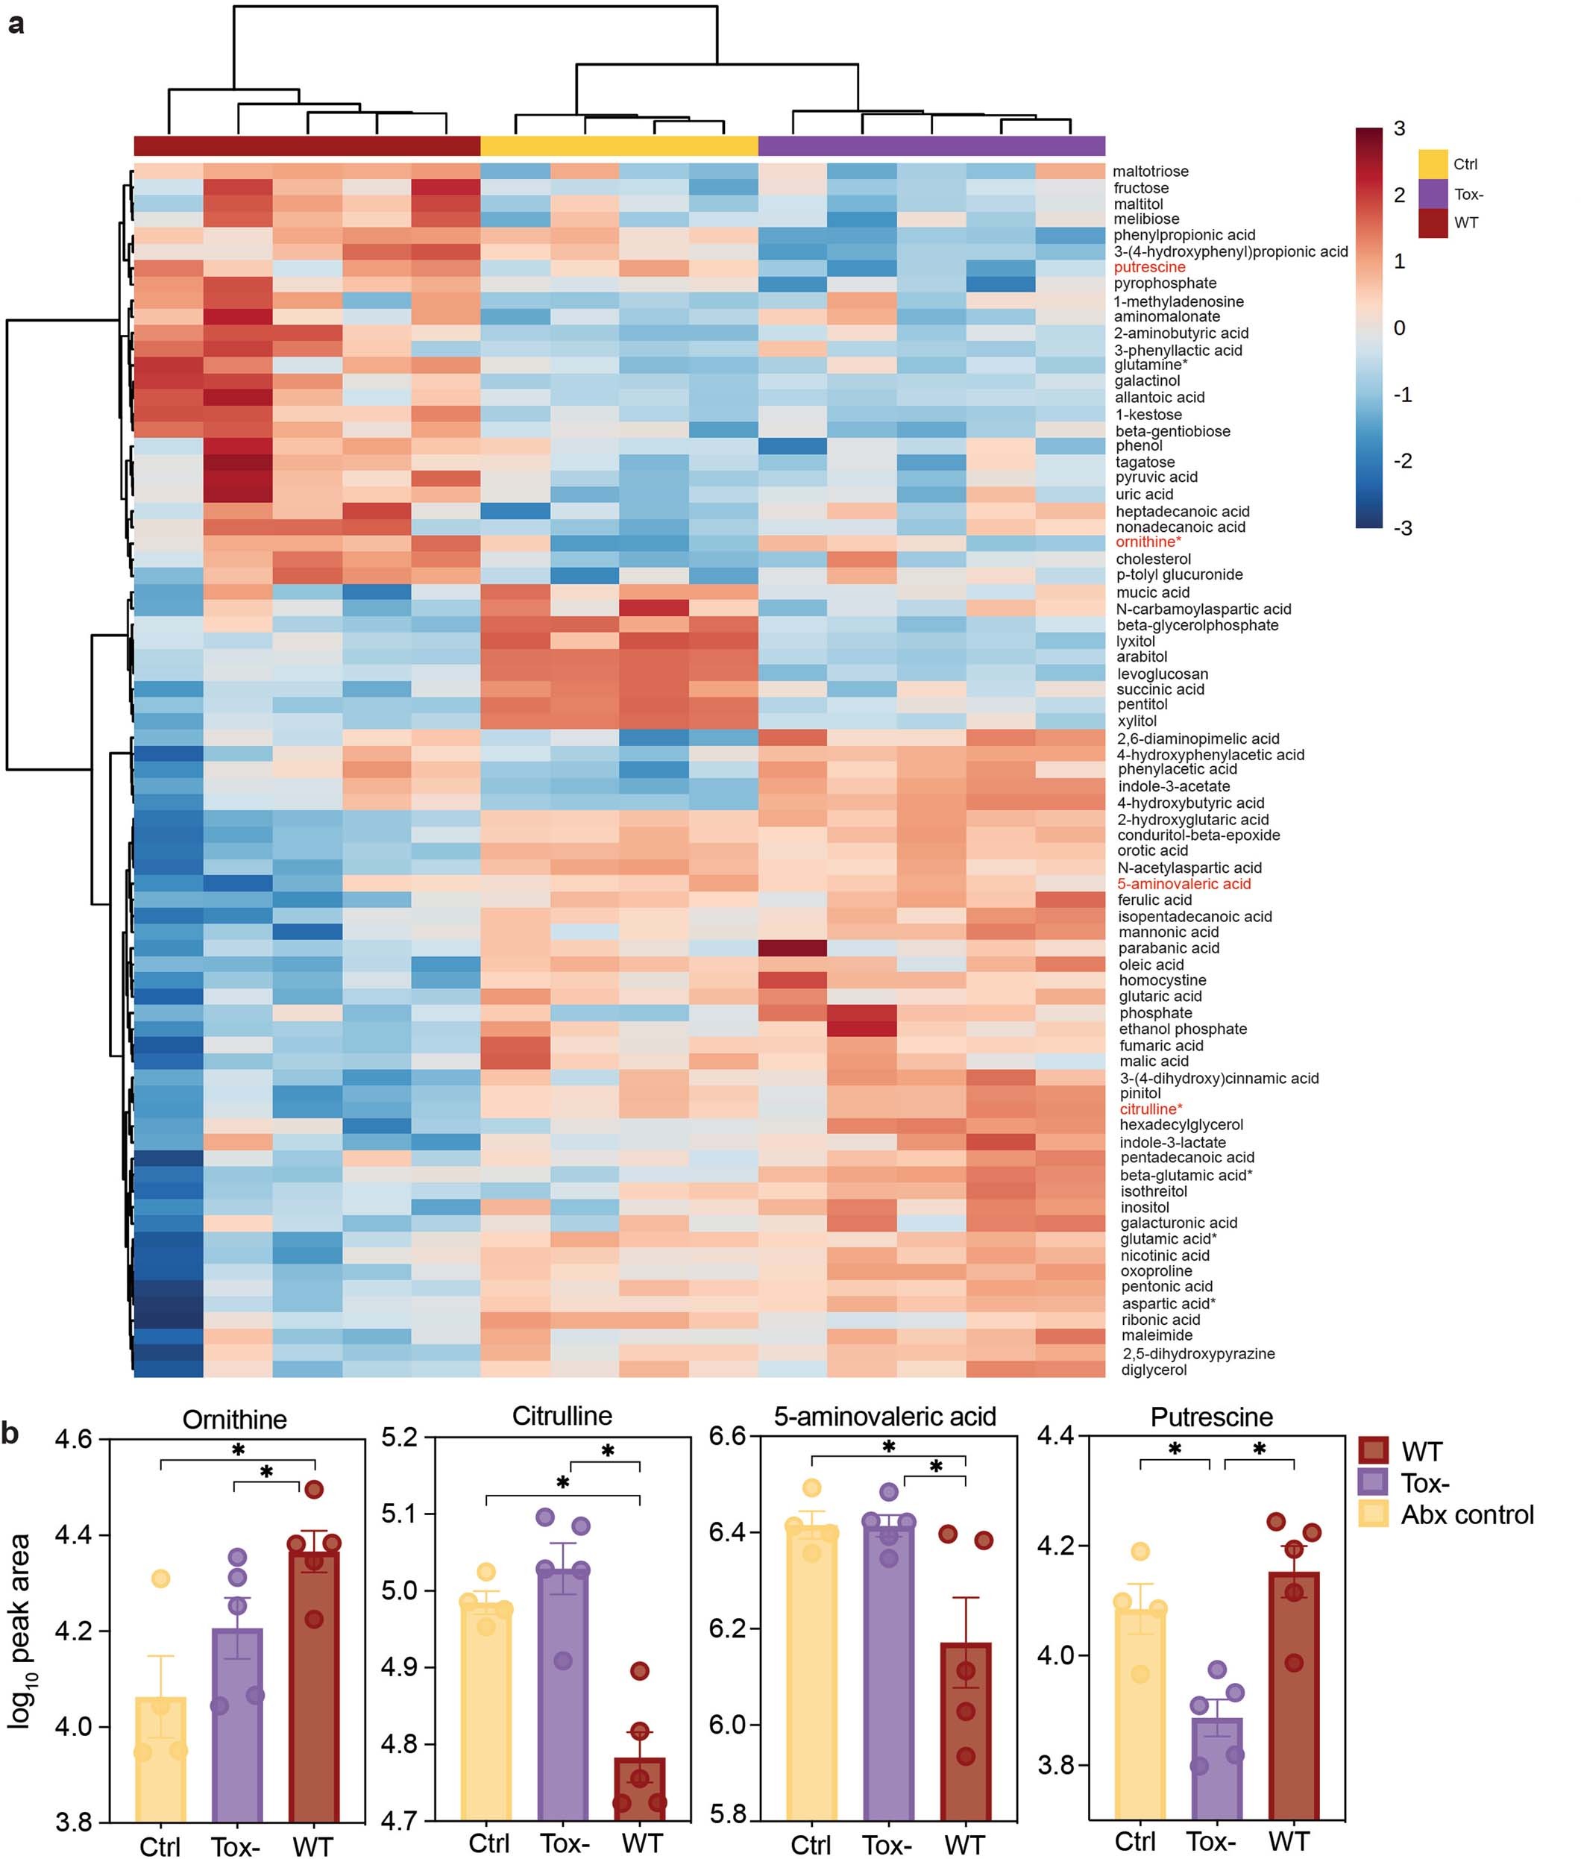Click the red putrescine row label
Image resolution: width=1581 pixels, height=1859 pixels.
[x=1149, y=267]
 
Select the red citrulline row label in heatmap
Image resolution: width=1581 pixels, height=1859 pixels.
[x=1151, y=1109]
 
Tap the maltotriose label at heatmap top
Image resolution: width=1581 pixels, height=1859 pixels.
[x=1151, y=171]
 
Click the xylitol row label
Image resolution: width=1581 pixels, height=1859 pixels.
[x=1137, y=721]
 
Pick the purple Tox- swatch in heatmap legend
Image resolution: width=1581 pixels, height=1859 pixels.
[x=1433, y=194]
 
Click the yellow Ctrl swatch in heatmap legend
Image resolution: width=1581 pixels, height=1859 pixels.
[x=1433, y=164]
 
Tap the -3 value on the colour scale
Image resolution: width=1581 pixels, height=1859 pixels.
[x=1403, y=529]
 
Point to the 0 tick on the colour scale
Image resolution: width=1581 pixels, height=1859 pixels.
[x=1399, y=328]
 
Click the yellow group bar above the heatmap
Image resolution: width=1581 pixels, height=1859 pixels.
[x=619, y=145]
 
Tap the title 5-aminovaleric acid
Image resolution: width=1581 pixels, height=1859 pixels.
[x=884, y=1416]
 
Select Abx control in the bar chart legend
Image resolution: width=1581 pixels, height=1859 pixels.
[x=1467, y=1515]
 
